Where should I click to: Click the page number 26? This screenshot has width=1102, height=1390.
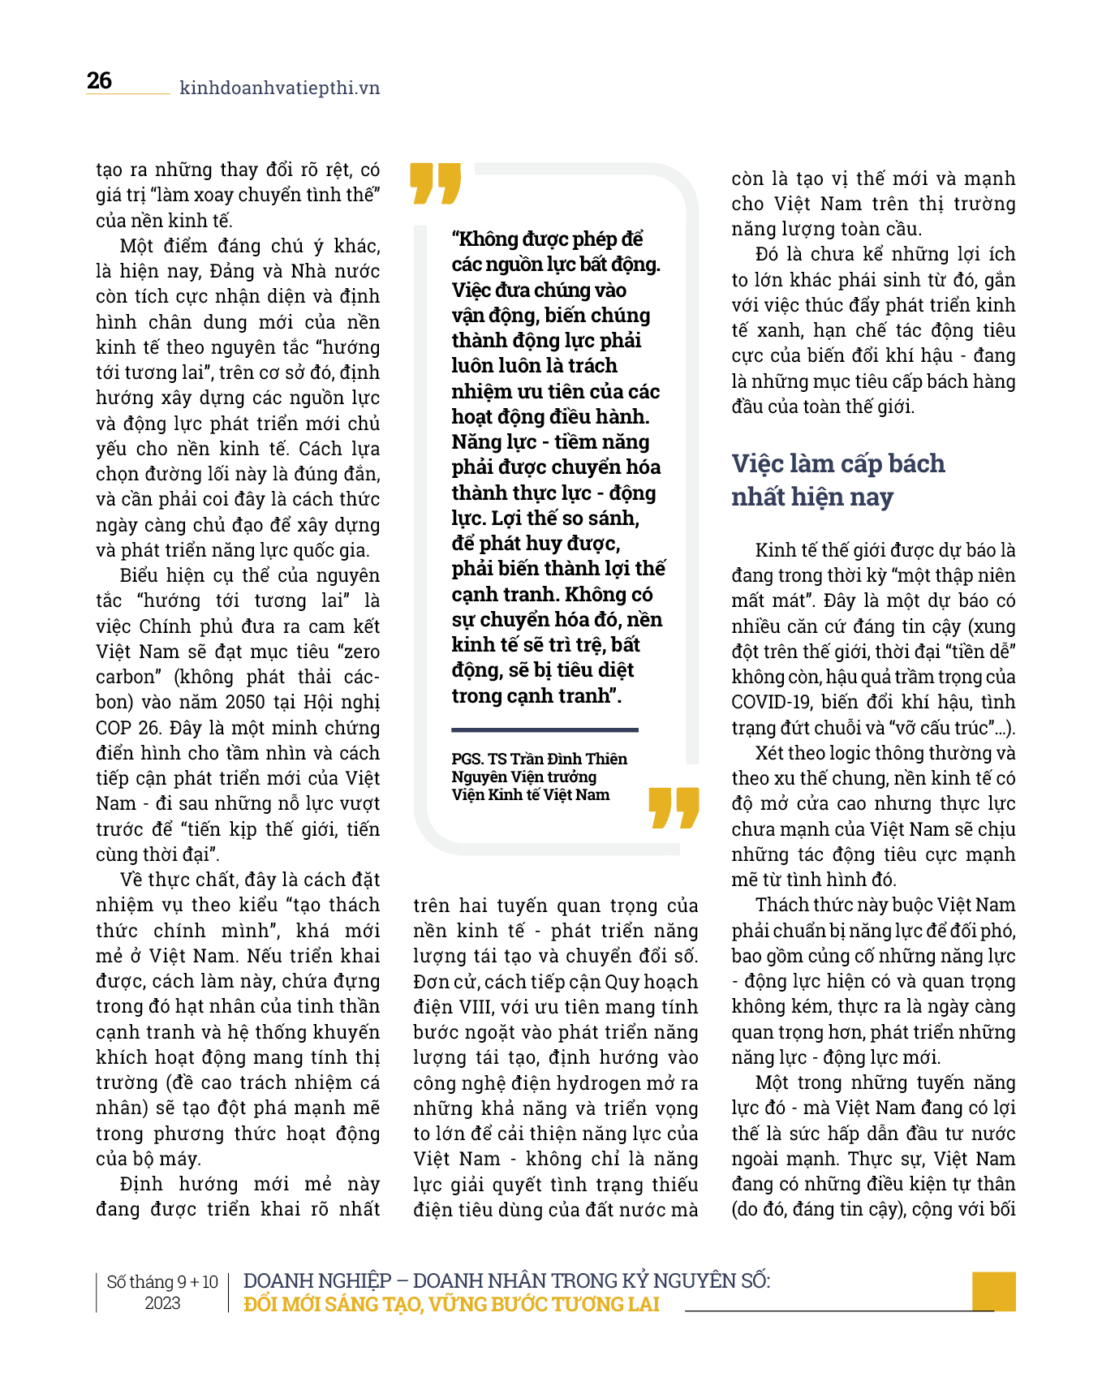pyautogui.click(x=99, y=81)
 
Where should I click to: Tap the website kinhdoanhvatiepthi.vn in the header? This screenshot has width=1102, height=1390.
pyautogui.click(x=279, y=88)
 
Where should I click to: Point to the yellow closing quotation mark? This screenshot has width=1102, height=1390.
pyautogui.click(x=674, y=807)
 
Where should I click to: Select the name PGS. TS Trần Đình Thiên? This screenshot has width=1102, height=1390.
pyautogui.click(x=539, y=759)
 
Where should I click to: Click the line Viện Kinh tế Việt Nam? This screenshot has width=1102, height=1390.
pyautogui.click(x=531, y=794)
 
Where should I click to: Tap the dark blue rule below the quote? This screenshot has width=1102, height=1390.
pyautogui.click(x=545, y=730)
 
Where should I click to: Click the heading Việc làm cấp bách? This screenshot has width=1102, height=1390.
pyautogui.click(x=838, y=463)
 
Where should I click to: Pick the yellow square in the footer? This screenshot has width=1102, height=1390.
pyautogui.click(x=993, y=1291)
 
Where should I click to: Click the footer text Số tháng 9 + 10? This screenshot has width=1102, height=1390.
pyautogui.click(x=162, y=1282)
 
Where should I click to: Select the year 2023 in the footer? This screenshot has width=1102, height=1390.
pyautogui.click(x=162, y=1303)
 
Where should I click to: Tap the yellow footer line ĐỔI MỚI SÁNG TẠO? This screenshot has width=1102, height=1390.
pyautogui.click(x=451, y=1304)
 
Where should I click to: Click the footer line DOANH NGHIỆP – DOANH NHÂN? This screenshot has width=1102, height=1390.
pyautogui.click(x=506, y=1280)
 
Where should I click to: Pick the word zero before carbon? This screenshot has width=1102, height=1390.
pyautogui.click(x=359, y=652)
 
